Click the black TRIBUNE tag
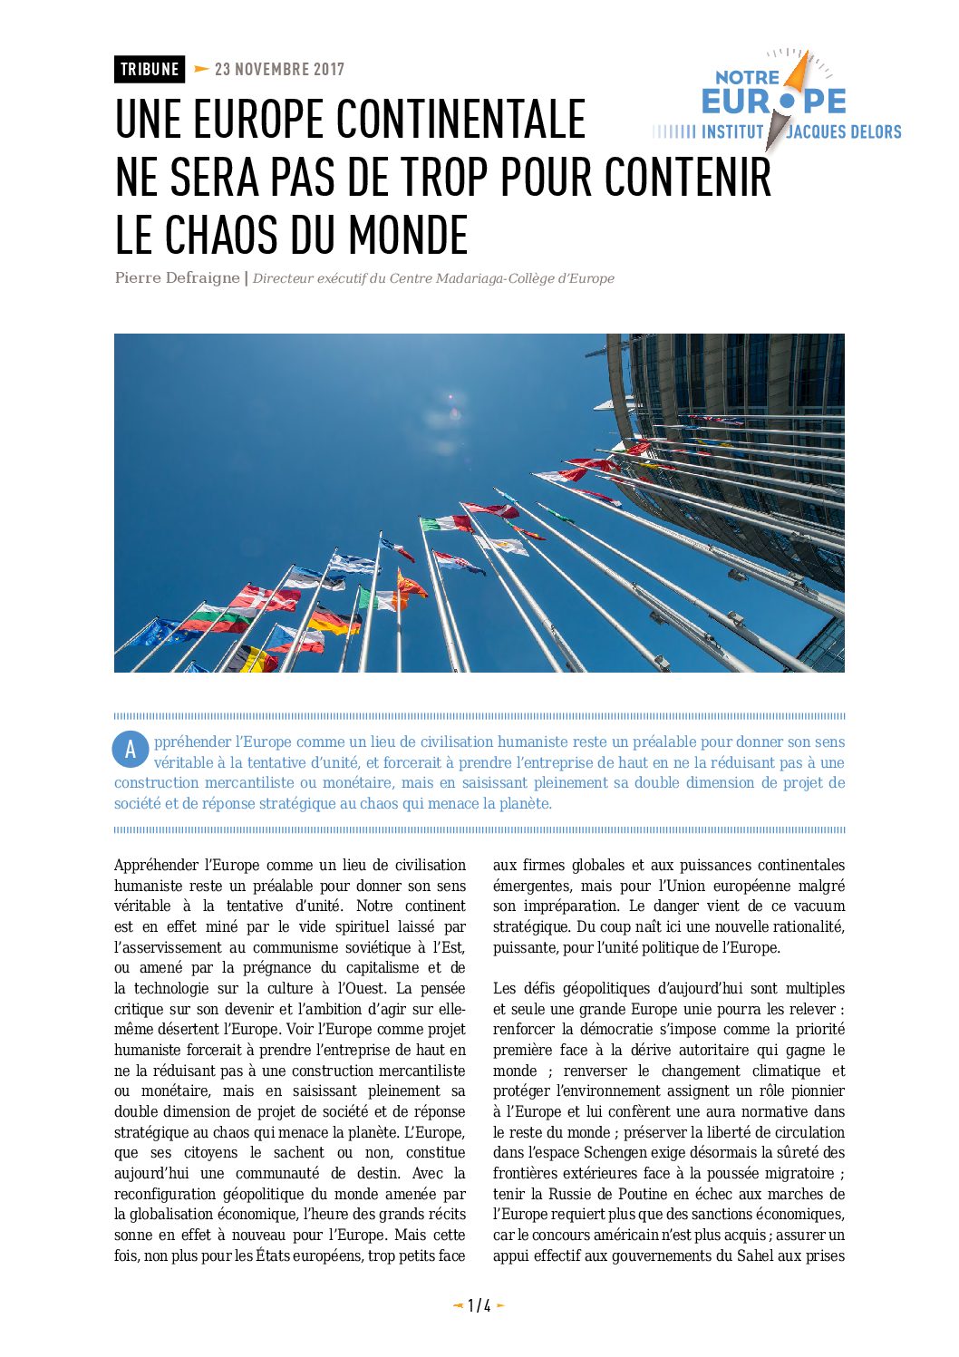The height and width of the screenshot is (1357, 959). tap(150, 69)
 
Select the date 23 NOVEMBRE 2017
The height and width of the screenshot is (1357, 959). tap(279, 69)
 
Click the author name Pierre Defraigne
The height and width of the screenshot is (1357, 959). tap(177, 277)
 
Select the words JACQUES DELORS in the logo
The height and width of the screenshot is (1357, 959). tap(844, 132)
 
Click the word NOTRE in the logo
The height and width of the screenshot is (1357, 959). tap(747, 78)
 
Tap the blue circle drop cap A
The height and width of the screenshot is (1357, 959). tap(131, 750)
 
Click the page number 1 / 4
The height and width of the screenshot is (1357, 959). tap(479, 1305)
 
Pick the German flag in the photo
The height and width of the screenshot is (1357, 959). tap(333, 621)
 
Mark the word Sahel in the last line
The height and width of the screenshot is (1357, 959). tap(755, 1255)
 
